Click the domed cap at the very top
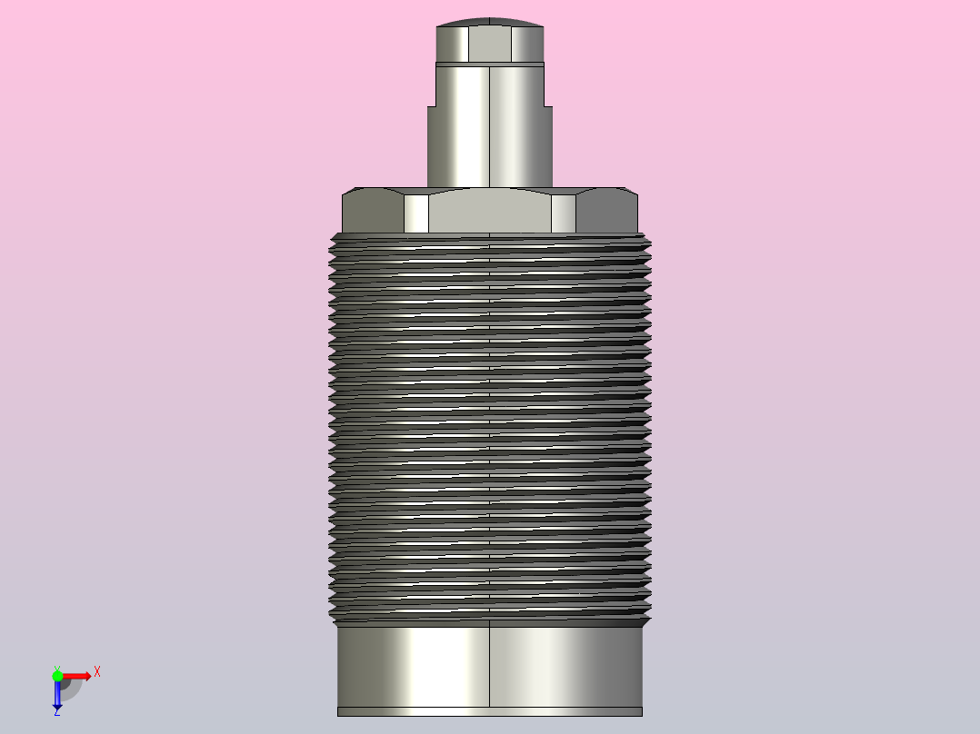pyautogui.click(x=489, y=23)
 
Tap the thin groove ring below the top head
pyautogui.click(x=489, y=64)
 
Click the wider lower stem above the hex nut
pyautogui.click(x=490, y=145)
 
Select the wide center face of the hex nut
pyautogui.click(x=489, y=212)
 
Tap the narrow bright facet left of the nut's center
pyautogui.click(x=416, y=213)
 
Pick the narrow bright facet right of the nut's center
pyautogui.click(x=564, y=213)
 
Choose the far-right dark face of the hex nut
pyautogui.click(x=607, y=212)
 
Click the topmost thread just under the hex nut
pyautogui.click(x=489, y=240)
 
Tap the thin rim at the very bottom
pyautogui.click(x=489, y=711)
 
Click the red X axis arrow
pyautogui.click(x=78, y=676)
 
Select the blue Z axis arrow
pyautogui.click(x=57, y=695)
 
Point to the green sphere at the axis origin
pyautogui.click(x=57, y=675)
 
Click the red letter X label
pyautogui.click(x=96, y=671)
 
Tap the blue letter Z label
pyautogui.click(x=56, y=712)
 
